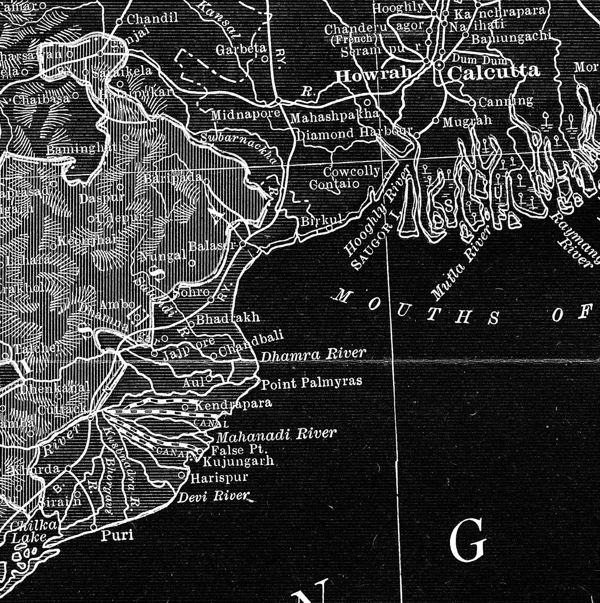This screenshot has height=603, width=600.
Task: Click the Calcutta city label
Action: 493,72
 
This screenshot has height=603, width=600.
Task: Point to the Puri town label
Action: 117,535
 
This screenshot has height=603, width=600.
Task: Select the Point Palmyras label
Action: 312,383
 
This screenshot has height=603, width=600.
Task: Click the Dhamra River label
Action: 313,355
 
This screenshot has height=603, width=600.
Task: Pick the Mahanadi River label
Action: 276,435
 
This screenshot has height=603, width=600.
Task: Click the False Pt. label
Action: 240,450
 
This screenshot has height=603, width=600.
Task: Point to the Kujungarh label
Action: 238,461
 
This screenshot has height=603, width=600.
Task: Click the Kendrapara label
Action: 233,404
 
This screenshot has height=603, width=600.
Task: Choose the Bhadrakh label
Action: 228,318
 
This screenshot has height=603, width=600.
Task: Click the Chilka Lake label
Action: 30,531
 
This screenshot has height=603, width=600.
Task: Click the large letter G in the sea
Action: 467,540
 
